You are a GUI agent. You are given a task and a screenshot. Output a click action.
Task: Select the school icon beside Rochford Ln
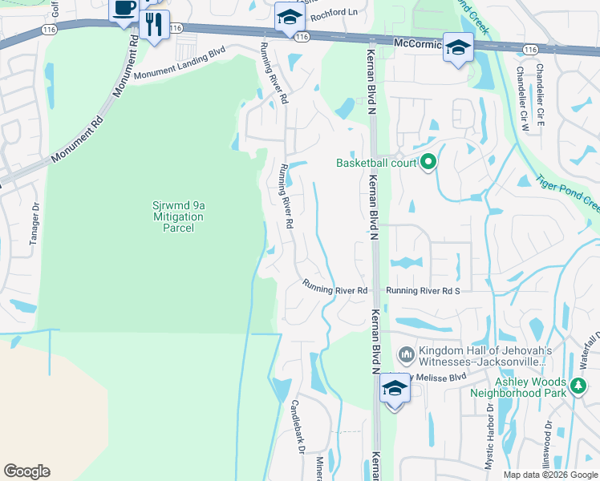[287, 18]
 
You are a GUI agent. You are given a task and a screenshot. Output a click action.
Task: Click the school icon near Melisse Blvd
[394, 389]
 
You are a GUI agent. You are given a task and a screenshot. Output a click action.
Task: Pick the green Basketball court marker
[428, 163]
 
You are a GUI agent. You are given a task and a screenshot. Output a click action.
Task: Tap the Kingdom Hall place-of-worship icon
[406, 354]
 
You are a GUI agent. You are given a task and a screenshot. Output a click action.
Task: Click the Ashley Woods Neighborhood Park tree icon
[578, 388]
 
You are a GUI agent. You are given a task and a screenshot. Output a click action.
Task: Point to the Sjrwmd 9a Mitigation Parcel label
[178, 216]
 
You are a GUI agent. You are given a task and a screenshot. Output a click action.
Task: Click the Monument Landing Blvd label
[180, 64]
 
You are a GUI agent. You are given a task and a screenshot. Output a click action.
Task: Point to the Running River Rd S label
[423, 290]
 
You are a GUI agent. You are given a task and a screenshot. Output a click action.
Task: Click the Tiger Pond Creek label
[566, 195]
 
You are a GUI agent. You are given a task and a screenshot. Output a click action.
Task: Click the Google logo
[26, 471]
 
